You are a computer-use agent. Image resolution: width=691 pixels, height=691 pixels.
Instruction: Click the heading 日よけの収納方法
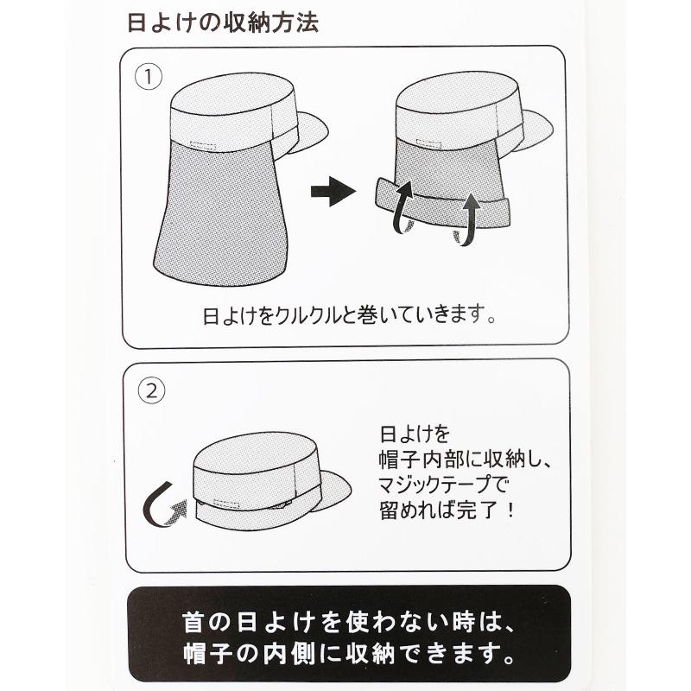point(223,23)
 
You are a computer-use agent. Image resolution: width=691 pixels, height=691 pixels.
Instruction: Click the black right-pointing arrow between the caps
point(333,192)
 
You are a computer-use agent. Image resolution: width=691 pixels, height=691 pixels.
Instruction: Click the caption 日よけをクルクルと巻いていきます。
point(351,312)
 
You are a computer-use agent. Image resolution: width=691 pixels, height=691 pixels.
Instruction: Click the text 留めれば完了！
point(447,509)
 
